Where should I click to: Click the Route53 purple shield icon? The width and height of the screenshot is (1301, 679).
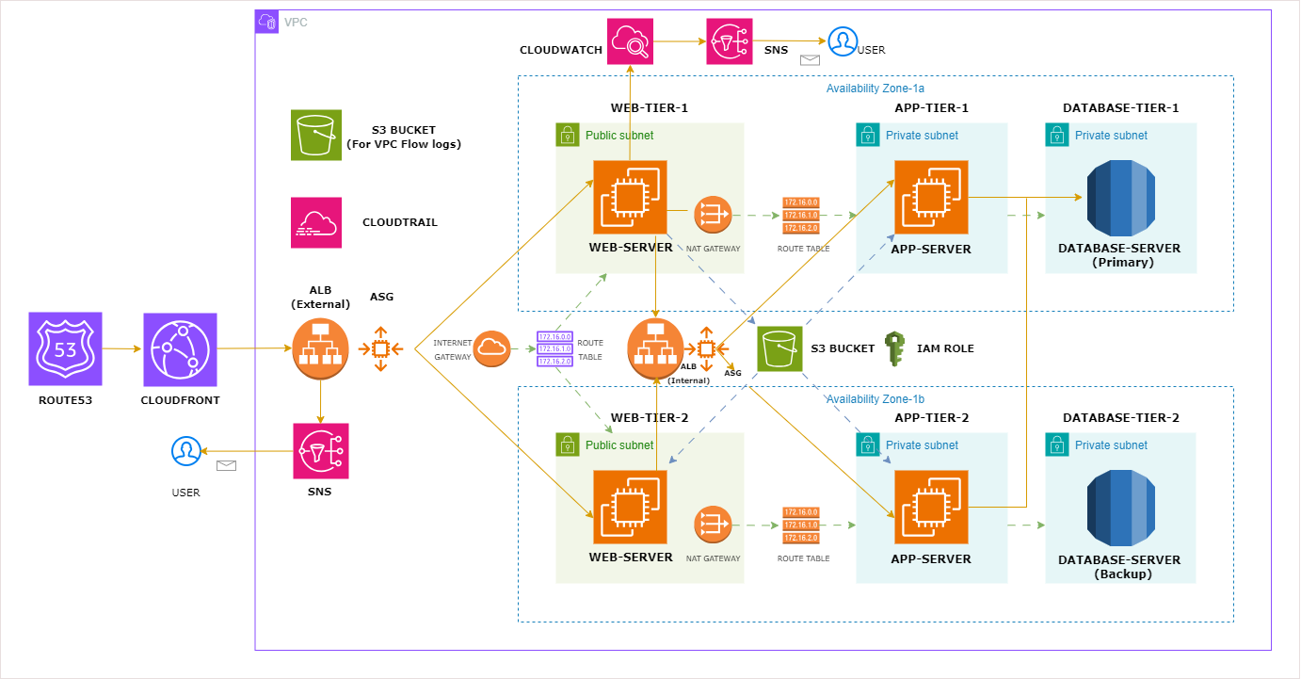[65, 349]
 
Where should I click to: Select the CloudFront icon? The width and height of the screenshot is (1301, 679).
[180, 349]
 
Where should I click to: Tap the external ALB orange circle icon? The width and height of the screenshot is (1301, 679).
[321, 348]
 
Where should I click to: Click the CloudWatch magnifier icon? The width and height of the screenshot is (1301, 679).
[630, 41]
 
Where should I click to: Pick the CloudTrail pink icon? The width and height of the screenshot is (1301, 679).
[316, 222]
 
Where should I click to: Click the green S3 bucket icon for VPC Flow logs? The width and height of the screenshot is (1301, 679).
[316, 135]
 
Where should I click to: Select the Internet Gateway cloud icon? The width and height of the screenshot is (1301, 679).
[491, 348]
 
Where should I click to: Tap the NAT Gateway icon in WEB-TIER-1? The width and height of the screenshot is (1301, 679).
[713, 216]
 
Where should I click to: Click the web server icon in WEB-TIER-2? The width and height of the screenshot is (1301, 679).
[630, 507]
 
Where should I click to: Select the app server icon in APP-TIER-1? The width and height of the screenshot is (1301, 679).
[930, 198]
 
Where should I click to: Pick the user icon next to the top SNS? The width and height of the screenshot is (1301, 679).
[842, 41]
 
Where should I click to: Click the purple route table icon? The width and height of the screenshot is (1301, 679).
[554, 348]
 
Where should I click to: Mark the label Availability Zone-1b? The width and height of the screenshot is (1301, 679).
[875, 399]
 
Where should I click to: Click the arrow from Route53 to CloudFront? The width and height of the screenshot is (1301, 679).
[122, 349]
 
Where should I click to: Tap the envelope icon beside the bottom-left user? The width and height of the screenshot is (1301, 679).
[226, 465]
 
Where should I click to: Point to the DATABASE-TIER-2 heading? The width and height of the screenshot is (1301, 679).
[1120, 417]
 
